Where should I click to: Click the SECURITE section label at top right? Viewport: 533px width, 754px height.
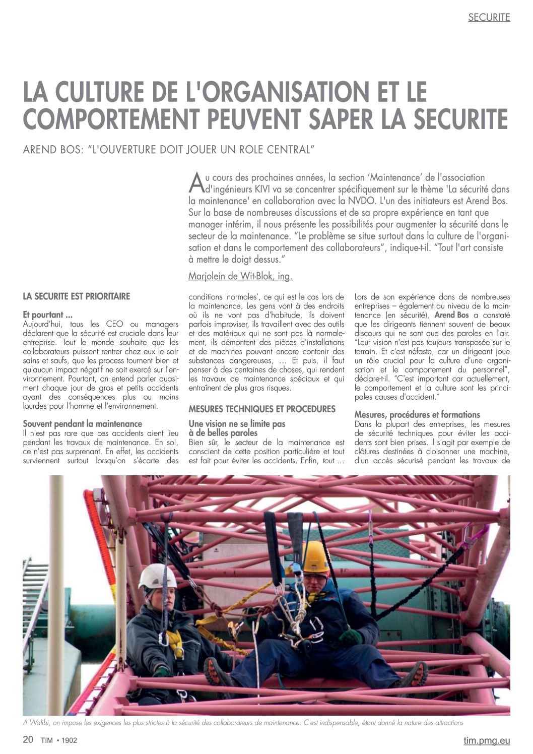[489, 18]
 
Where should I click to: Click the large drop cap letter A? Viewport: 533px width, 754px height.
[195, 183]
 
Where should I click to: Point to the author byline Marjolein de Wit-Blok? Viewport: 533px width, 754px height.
[240, 276]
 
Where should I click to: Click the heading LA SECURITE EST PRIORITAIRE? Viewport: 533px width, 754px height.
[76, 296]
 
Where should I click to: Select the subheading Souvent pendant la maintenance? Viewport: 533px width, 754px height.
[82, 424]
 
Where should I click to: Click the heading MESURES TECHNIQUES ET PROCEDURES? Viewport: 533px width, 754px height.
[262, 409]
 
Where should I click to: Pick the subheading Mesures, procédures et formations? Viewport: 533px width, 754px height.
[417, 415]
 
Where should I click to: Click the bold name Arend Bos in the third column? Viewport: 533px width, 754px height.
[451, 315]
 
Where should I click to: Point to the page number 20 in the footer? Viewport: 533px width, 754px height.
[28, 739]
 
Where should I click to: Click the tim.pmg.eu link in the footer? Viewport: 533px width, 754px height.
[487, 740]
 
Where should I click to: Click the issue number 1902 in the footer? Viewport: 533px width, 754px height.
[70, 740]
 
